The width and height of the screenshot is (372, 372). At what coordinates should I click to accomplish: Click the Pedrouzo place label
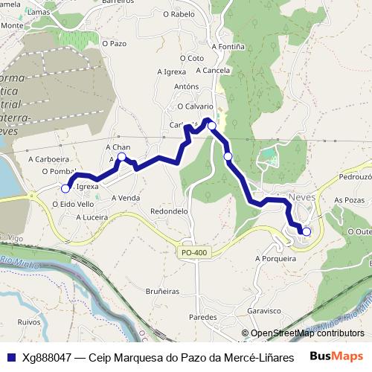tap(355, 178)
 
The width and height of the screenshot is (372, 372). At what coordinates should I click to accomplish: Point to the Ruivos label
tap(28, 323)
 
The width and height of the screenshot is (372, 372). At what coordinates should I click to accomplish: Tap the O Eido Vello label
tap(73, 203)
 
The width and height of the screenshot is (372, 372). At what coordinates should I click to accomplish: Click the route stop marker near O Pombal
tap(65, 189)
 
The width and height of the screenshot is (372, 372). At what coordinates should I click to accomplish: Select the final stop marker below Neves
tap(307, 231)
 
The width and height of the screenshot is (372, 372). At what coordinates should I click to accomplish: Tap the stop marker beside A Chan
tap(122, 157)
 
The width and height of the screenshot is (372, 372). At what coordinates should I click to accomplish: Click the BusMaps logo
tap(337, 356)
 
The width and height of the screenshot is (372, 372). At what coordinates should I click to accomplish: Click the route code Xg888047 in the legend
tap(48, 357)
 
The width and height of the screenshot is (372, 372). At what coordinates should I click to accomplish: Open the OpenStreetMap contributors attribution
tap(307, 333)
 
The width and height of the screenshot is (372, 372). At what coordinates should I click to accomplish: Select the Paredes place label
tap(202, 317)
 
